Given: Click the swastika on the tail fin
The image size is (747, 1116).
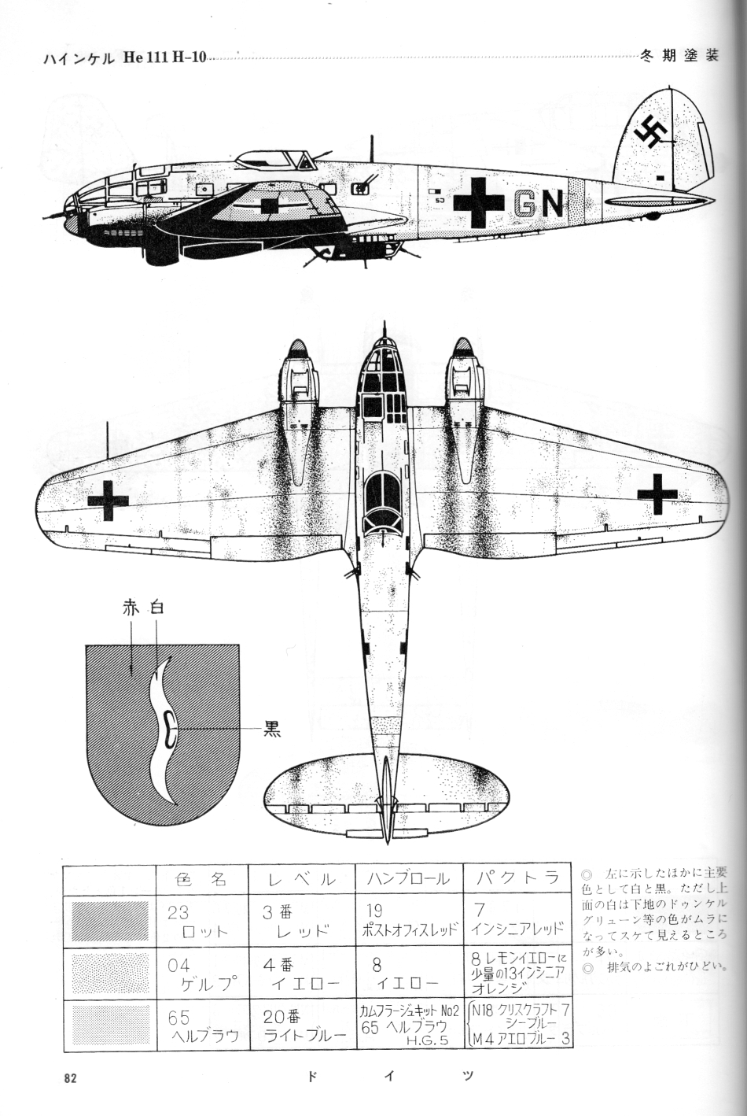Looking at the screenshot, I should coord(652,132).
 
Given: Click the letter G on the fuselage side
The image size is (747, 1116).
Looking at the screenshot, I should coord(525,203).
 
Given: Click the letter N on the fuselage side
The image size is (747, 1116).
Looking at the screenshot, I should coord(553,203).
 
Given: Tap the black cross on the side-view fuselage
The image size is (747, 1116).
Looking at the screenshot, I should coord(478,202).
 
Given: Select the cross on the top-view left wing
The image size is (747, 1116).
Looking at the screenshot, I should coord(108,498).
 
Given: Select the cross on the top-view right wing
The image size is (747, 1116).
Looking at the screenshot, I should coord(657,493).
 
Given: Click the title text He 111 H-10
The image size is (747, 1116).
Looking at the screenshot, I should coord(164,59).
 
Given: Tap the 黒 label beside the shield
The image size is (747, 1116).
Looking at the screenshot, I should coord(271,729).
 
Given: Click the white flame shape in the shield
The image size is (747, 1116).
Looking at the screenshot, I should coord(167,728).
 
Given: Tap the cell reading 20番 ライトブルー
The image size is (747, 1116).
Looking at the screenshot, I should coord(302,1026).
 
